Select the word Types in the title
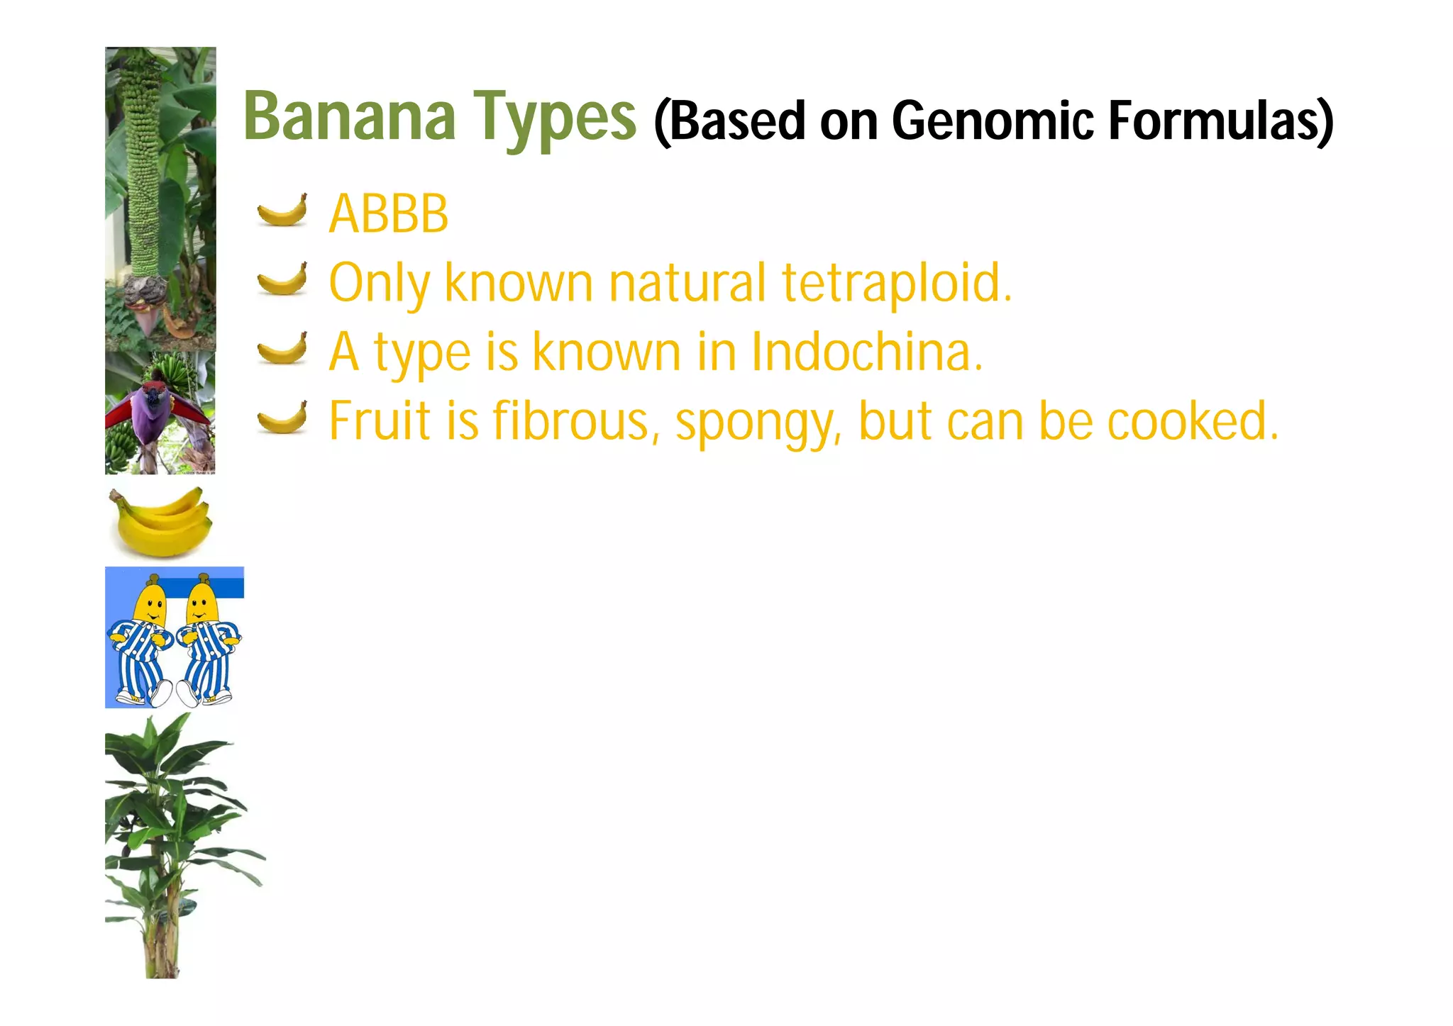coord(555,119)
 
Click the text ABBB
coord(389,213)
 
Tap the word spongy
coord(758,424)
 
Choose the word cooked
coord(1193,420)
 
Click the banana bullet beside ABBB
coord(282,211)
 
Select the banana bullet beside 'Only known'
coord(282,279)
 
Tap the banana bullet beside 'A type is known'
coord(282,348)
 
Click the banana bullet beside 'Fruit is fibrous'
coord(282,417)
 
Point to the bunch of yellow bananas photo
coord(161,522)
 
